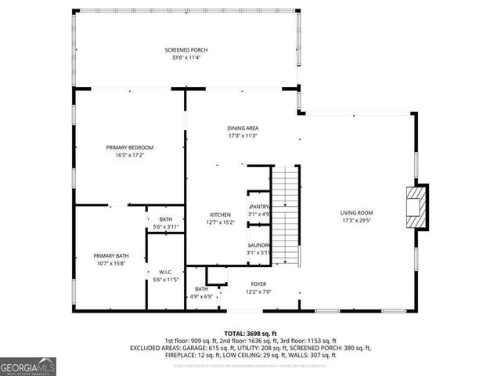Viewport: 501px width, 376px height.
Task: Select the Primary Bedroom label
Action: (129, 147)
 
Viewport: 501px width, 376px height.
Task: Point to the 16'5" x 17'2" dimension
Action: (129, 155)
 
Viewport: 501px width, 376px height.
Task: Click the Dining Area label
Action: (243, 128)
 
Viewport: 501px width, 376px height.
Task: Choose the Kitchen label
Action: (219, 215)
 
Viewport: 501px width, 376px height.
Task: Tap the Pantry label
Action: (259, 207)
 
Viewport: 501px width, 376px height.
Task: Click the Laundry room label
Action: (259, 245)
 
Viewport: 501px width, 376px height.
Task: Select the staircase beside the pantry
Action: (287, 215)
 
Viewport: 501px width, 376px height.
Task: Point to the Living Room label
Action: (356, 213)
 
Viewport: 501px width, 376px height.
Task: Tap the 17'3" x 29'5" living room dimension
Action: (356, 221)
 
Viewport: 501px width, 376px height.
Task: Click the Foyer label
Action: (258, 284)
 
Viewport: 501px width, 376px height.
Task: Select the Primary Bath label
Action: (111, 256)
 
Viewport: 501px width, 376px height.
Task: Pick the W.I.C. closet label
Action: (165, 272)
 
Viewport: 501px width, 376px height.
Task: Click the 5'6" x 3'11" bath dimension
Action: (165, 226)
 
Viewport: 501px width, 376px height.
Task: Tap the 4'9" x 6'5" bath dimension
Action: (201, 297)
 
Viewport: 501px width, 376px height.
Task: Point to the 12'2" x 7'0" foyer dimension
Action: (258, 292)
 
